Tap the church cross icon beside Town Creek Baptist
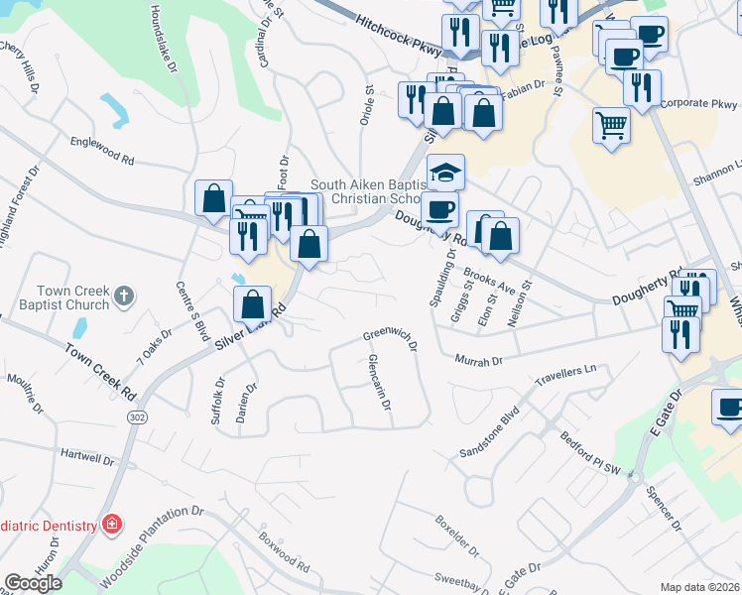(124, 295)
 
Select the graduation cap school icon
(445, 173)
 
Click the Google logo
(33, 583)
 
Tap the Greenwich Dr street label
(389, 338)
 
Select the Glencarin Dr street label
(379, 384)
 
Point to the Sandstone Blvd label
(489, 432)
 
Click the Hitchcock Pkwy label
(401, 36)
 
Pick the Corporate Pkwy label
(699, 102)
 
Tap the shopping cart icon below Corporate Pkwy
(611, 125)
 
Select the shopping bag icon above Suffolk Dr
(253, 304)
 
